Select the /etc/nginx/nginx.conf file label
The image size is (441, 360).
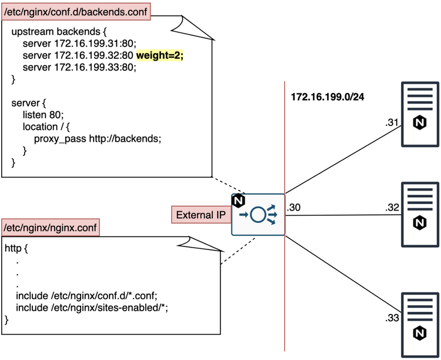(50, 226)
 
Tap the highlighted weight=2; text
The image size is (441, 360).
(160, 55)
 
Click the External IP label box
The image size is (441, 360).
(201, 215)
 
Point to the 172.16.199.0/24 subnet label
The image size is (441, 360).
(328, 96)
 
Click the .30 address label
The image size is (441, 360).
(294, 207)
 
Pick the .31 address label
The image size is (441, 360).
(392, 123)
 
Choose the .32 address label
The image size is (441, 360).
(392, 207)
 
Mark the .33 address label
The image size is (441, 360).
(392, 318)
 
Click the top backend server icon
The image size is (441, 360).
(420, 115)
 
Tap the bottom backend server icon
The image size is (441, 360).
(420, 325)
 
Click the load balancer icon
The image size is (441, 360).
(258, 215)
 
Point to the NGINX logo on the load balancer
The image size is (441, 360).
(239, 201)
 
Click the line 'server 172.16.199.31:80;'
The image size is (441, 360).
(79, 43)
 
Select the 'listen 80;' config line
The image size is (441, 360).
(43, 115)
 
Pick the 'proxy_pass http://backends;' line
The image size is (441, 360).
(97, 138)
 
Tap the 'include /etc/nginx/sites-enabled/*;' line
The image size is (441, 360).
(96, 308)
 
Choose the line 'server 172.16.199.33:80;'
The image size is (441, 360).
(79, 67)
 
